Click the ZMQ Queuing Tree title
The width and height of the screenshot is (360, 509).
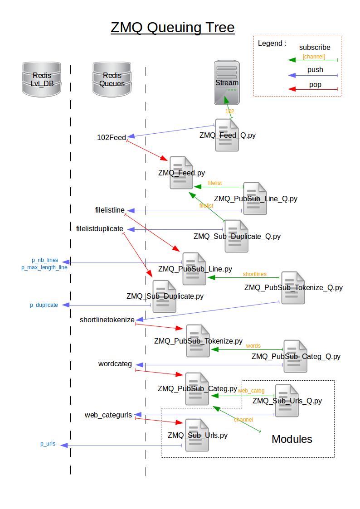(x=172, y=28)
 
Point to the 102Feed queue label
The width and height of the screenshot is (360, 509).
(x=112, y=137)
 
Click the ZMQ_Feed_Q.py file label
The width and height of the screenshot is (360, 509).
(x=228, y=135)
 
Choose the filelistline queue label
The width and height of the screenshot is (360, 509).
(x=110, y=210)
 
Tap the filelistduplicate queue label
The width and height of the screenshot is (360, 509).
(x=100, y=228)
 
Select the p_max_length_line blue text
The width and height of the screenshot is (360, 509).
(x=44, y=267)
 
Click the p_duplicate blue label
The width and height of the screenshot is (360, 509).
(x=44, y=305)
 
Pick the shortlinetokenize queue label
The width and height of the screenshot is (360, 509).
(x=107, y=320)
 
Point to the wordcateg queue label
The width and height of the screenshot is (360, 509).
(x=115, y=364)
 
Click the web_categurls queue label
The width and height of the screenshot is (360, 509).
(x=108, y=415)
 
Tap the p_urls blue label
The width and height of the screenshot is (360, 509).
(x=48, y=444)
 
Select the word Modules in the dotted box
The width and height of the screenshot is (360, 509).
(x=292, y=439)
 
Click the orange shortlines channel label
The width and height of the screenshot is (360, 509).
(x=254, y=274)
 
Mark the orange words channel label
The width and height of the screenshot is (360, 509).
(x=253, y=346)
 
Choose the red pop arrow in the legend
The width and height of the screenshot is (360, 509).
(x=313, y=90)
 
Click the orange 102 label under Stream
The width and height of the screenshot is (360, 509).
(x=229, y=111)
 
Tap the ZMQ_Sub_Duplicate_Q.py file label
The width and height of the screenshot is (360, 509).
(x=237, y=236)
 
